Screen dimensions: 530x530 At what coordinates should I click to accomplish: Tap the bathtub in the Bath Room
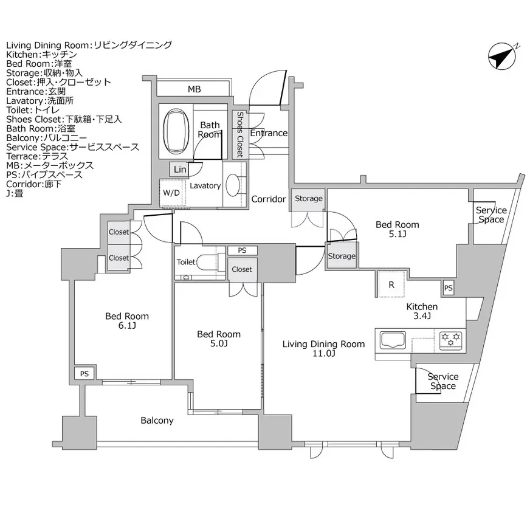176,131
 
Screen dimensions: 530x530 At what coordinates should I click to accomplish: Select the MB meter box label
194,89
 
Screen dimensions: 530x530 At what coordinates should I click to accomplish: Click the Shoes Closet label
240,134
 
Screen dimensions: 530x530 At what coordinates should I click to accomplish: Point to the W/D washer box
171,193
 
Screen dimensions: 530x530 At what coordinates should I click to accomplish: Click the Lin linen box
179,170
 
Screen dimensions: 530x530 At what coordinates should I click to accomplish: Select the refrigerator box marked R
391,284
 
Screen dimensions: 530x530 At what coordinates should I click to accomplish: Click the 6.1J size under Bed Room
127,326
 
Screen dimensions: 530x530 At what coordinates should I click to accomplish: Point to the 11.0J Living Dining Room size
323,354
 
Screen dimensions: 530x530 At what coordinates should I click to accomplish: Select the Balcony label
157,421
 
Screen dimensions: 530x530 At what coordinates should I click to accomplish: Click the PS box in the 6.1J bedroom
84,374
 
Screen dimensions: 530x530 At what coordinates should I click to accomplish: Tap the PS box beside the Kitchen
448,287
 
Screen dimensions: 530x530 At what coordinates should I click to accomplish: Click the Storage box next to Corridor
309,199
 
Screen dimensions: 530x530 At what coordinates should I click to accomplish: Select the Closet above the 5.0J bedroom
242,269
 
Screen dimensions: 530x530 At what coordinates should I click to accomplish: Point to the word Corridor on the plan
269,199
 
